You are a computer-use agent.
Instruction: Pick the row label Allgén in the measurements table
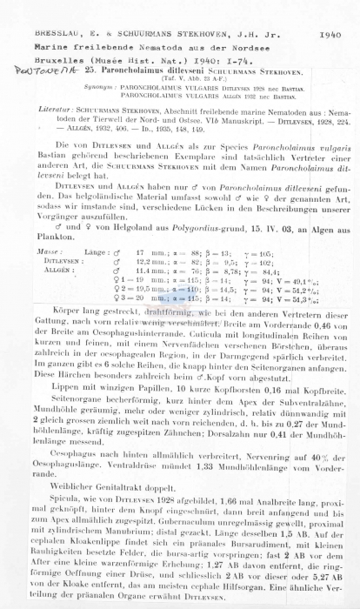point(50,269)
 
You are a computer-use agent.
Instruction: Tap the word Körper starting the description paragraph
point(65,310)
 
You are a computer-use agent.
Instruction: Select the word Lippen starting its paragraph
point(64,385)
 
